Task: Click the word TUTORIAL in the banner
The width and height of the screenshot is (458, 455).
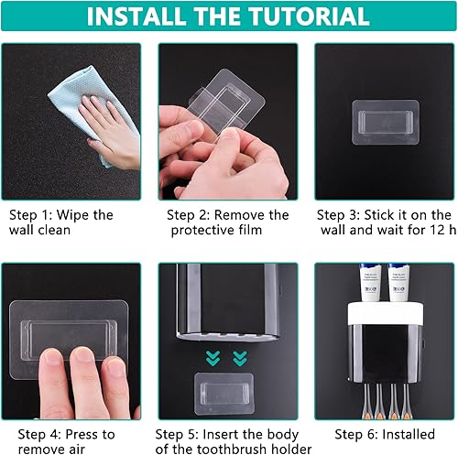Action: (309, 16)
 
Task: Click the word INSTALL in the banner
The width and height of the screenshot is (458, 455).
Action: (135, 16)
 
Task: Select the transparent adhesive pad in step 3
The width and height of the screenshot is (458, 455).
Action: (386, 122)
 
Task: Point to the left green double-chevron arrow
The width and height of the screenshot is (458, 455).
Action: (213, 358)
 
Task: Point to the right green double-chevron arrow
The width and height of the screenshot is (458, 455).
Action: (240, 358)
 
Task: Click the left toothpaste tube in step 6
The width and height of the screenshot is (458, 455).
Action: (370, 283)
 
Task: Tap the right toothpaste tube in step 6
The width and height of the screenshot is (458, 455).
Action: (398, 283)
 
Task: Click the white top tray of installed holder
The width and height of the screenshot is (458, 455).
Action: (386, 313)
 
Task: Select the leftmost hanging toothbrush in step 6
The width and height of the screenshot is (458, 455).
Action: (366, 401)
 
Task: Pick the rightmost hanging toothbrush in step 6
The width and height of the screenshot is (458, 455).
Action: (405, 401)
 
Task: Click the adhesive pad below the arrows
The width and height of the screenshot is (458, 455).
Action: (224, 394)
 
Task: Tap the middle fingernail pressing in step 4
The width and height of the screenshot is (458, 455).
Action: (82, 354)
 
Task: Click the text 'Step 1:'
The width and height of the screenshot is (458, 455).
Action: (30, 215)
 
